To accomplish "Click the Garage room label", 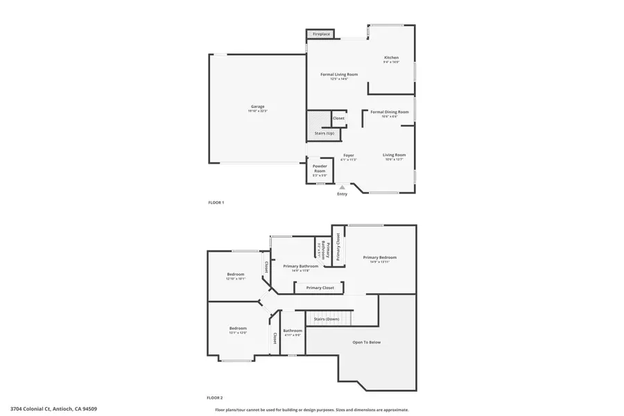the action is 257,107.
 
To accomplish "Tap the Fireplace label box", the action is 321,33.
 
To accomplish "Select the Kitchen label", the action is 392,58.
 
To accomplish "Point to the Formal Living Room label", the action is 339,74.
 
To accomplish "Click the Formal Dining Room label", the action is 389,112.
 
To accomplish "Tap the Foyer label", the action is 348,155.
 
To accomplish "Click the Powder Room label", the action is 320,168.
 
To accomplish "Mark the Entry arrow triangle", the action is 341,187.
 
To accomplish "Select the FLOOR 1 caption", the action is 216,202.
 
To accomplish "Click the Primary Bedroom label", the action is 380,257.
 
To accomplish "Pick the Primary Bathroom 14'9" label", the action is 300,266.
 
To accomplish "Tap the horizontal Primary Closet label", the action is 320,287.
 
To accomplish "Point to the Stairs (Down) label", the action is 327,319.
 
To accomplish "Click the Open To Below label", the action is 366,342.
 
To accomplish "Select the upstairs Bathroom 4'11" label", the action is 292,331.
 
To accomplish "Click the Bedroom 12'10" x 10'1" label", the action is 236,275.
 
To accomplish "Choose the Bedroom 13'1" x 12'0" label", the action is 238,329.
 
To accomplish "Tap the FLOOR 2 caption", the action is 215,398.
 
